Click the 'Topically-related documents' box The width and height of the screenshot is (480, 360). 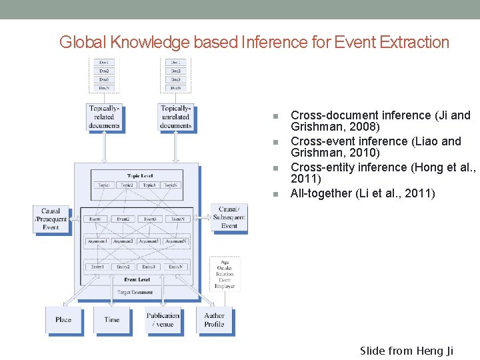click(x=104, y=117)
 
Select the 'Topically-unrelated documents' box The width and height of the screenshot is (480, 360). click(x=175, y=117)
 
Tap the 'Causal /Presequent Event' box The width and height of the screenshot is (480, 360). click(x=51, y=219)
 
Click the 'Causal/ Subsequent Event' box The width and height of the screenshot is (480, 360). click(x=229, y=217)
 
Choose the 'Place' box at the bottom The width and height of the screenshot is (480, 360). click(x=63, y=320)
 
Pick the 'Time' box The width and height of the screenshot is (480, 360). click(x=112, y=320)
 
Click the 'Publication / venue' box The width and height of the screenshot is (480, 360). click(x=163, y=320)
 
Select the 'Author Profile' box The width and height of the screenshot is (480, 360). click(x=214, y=320)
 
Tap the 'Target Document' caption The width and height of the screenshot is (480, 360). click(x=136, y=292)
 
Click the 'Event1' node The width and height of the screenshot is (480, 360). click(x=96, y=219)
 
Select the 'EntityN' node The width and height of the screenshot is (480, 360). click(x=176, y=267)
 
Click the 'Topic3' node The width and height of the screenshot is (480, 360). click(x=150, y=185)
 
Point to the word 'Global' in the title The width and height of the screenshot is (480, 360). click(x=83, y=43)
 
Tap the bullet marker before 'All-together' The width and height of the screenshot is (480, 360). click(x=275, y=194)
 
